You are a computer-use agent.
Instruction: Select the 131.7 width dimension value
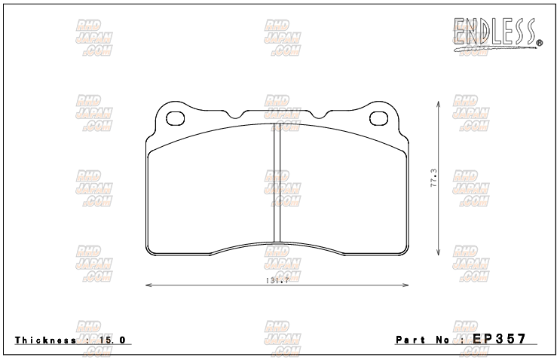[277, 280]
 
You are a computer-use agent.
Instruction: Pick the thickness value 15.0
[112, 340]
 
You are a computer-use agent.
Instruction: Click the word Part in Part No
[412, 340]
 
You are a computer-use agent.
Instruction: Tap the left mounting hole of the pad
[175, 118]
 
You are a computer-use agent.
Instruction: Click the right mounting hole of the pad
[381, 118]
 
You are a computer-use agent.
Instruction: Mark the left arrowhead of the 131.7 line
[147, 285]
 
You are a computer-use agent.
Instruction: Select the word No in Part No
[445, 340]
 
